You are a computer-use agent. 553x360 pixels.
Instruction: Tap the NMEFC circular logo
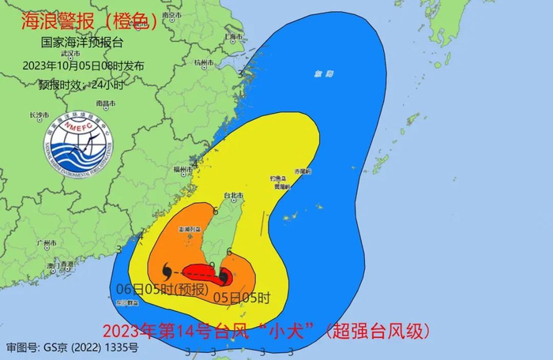tap(78, 149)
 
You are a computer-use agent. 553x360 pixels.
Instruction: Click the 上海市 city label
tap(233, 36)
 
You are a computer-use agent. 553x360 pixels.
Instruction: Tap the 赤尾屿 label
tap(303, 171)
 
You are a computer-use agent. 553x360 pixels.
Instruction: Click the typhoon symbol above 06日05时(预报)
tap(155, 272)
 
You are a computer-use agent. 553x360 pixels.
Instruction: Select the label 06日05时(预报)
tap(161, 287)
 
